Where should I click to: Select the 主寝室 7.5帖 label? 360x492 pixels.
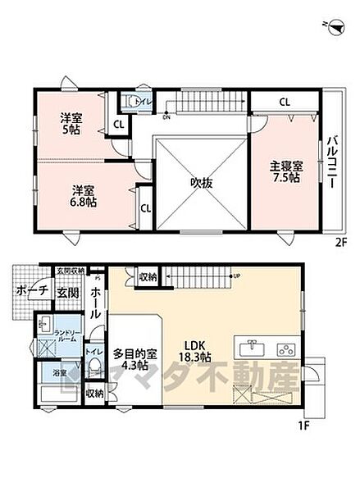tap(286, 171)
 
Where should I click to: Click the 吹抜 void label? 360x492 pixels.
tap(202, 183)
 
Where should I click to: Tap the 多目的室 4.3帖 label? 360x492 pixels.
tap(135, 360)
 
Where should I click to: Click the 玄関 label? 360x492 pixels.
tap(66, 294)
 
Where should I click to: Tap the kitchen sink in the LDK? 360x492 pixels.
tap(251, 348)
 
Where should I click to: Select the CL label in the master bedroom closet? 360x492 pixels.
tap(284, 103)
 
